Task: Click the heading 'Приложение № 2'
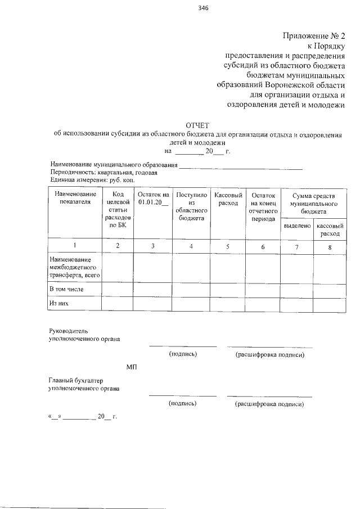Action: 313,37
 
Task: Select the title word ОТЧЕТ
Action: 197,125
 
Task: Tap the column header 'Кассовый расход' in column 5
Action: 228,198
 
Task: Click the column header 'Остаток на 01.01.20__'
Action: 152,198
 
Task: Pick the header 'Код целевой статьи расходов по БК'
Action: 118,209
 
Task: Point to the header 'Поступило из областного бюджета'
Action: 191,206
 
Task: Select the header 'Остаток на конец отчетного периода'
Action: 263,206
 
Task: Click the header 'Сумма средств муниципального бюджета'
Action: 313,202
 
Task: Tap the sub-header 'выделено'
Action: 296,225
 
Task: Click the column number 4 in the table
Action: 191,246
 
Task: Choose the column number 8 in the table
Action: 330,246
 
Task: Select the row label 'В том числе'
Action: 66,289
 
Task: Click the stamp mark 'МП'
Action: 132,367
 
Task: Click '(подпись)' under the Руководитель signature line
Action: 183,355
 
